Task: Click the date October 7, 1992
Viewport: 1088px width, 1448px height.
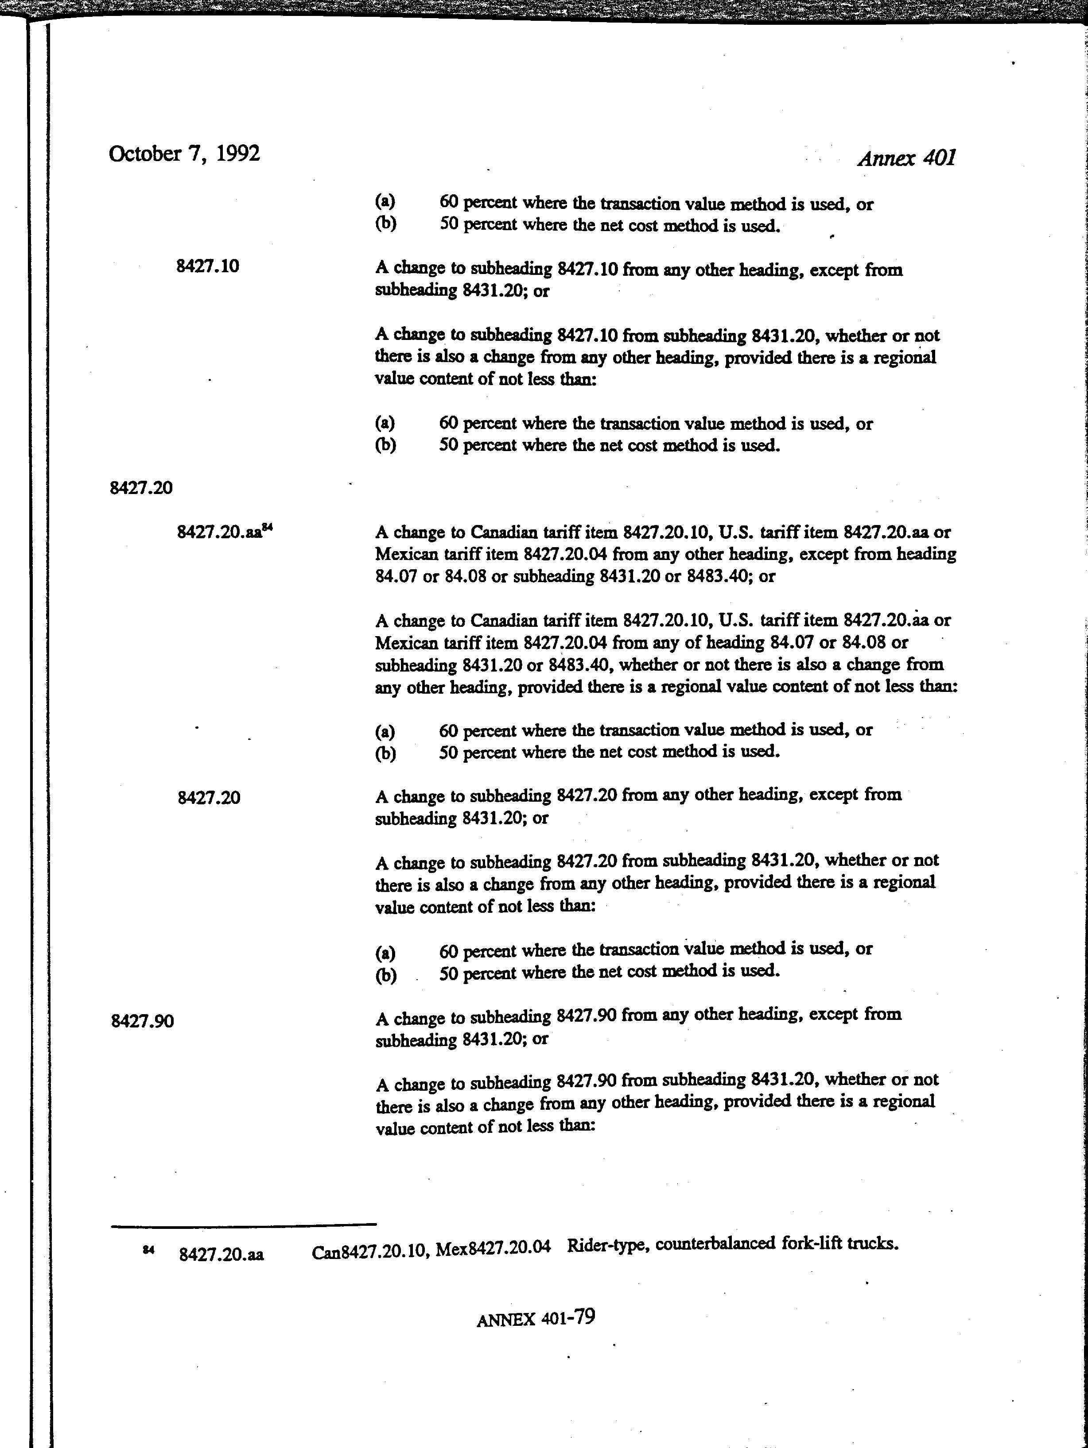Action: click(x=184, y=154)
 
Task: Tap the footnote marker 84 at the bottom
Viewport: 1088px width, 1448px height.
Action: click(x=148, y=1250)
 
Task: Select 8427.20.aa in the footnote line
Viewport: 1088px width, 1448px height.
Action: click(x=221, y=1254)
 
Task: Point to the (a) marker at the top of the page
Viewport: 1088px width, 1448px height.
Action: click(x=385, y=201)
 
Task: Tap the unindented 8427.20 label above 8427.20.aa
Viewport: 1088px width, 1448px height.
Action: click(x=141, y=488)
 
